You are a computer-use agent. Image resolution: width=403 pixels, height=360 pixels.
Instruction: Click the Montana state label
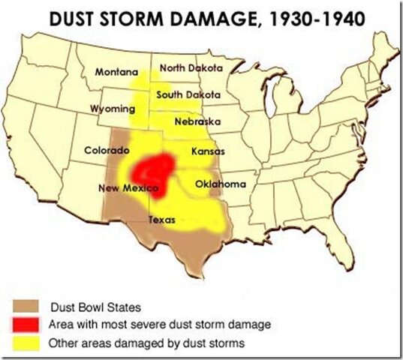(116, 72)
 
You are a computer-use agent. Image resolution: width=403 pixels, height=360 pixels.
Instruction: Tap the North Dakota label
(191, 67)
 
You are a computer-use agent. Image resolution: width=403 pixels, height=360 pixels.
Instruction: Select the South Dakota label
(188, 95)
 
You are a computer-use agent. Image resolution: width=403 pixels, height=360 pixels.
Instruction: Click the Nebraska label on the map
(196, 121)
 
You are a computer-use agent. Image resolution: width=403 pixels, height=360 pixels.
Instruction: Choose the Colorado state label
(106, 150)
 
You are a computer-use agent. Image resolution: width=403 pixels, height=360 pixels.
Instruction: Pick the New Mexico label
(128, 187)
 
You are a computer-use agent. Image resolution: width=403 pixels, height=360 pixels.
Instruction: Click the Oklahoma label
(220, 184)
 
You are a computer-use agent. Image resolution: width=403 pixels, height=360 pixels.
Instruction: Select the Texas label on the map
(162, 220)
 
